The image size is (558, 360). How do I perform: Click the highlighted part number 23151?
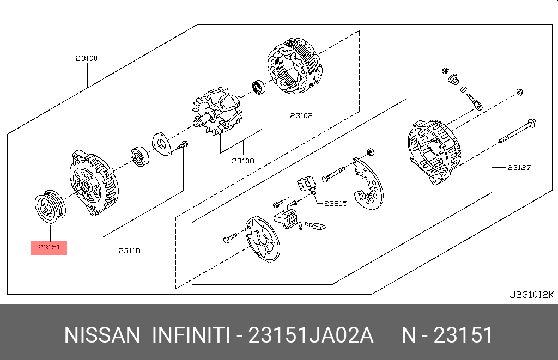pyautogui.click(x=49, y=248)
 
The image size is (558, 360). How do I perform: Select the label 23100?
pyautogui.click(x=87, y=58)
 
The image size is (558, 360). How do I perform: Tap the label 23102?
pyautogui.click(x=301, y=115)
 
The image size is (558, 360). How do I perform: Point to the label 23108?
pyautogui.click(x=242, y=161)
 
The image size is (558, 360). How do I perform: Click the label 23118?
pyautogui.click(x=129, y=251)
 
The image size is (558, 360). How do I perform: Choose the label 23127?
pyautogui.click(x=519, y=167)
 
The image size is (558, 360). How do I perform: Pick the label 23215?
pyautogui.click(x=336, y=203)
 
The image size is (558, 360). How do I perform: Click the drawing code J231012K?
pyautogui.click(x=531, y=295)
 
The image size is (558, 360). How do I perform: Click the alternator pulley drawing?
pyautogui.click(x=50, y=207)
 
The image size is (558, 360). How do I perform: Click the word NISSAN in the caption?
pyautogui.click(x=102, y=335)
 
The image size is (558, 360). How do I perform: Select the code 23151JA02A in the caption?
pyautogui.click(x=311, y=335)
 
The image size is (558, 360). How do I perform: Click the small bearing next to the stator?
pyautogui.click(x=257, y=88)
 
